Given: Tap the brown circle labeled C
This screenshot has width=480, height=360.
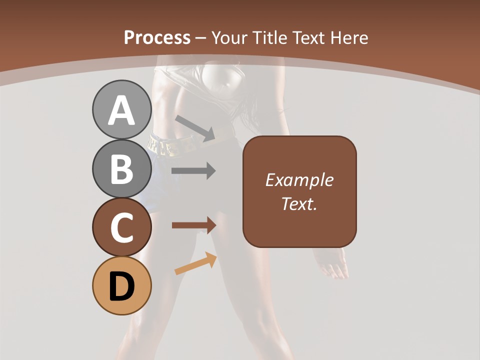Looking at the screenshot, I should tap(121, 227).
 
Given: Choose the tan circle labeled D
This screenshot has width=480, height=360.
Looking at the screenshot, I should tap(121, 285).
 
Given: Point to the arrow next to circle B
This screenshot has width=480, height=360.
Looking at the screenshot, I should tap(193, 171).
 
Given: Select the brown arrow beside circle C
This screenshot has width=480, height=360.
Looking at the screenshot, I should tap(194, 225).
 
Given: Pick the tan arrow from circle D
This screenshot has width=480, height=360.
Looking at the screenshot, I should tap(196, 263).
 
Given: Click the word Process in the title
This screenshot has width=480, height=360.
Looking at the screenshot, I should tap(157, 37).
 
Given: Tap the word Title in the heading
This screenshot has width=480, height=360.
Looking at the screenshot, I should tap(269, 37).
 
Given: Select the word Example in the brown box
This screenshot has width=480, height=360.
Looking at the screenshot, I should tap(299, 180).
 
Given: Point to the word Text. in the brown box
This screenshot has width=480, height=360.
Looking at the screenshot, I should tap(299, 203).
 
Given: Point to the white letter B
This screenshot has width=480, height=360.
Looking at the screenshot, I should tap(121, 169).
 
